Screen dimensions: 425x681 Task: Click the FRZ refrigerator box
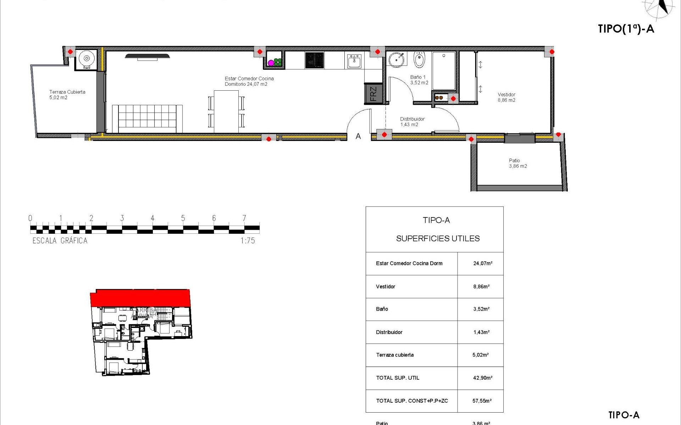point(373,94)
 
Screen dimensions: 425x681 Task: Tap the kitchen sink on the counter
point(354,61)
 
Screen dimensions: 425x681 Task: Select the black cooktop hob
point(314,60)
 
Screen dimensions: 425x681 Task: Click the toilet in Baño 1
point(419,60)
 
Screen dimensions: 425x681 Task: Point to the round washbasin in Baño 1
point(396,59)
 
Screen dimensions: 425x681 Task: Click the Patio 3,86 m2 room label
point(517,163)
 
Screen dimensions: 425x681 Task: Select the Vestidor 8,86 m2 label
point(506,97)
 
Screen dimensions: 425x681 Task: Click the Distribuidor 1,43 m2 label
point(412,122)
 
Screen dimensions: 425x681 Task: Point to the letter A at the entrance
point(358,136)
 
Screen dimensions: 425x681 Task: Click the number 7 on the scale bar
point(244,218)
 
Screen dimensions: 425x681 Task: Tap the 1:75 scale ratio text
point(248,241)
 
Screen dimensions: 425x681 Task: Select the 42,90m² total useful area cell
point(482,378)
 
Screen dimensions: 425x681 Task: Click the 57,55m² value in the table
point(482,401)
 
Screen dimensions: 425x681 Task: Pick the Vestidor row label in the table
point(386,287)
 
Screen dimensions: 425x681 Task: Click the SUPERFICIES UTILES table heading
point(438,239)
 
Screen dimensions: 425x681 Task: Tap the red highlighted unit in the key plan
point(140,297)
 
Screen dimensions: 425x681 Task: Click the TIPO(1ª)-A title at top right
point(626,29)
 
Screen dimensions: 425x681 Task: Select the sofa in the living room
point(147,118)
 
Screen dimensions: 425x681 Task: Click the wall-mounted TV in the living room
point(147,56)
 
